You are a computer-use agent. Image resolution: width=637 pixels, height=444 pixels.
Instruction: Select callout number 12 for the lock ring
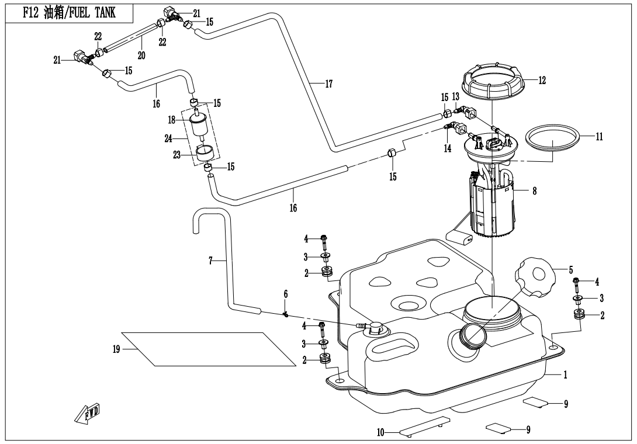tap(542, 81)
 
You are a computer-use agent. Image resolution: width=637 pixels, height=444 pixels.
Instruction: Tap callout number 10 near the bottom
tap(380, 433)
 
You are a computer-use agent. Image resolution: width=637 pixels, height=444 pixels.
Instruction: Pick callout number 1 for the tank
tap(566, 375)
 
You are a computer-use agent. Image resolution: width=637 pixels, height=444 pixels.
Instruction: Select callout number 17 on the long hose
tap(328, 84)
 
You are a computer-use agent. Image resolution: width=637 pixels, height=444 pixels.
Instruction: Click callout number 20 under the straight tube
tap(141, 55)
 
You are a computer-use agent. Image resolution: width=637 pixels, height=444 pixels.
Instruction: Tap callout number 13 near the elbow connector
tap(455, 96)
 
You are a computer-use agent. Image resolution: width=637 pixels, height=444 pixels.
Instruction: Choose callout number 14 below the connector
tap(448, 148)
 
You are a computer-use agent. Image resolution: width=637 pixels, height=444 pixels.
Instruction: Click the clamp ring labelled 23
tap(203, 153)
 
